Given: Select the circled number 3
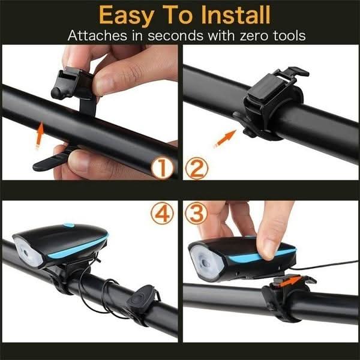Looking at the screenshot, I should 196,214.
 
